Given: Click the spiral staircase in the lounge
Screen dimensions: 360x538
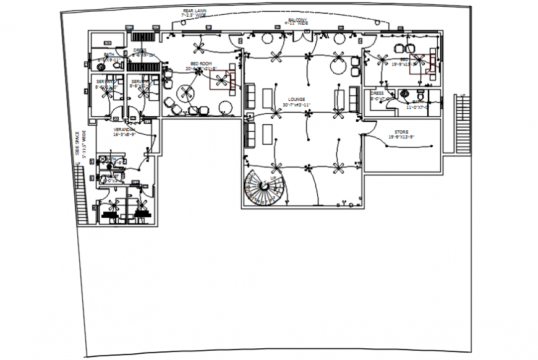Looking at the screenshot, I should pyautogui.click(x=265, y=188).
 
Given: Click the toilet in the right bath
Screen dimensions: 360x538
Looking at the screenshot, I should pyautogui.click(x=419, y=95).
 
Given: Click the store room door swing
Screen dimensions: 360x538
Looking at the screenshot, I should pyautogui.click(x=369, y=126).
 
